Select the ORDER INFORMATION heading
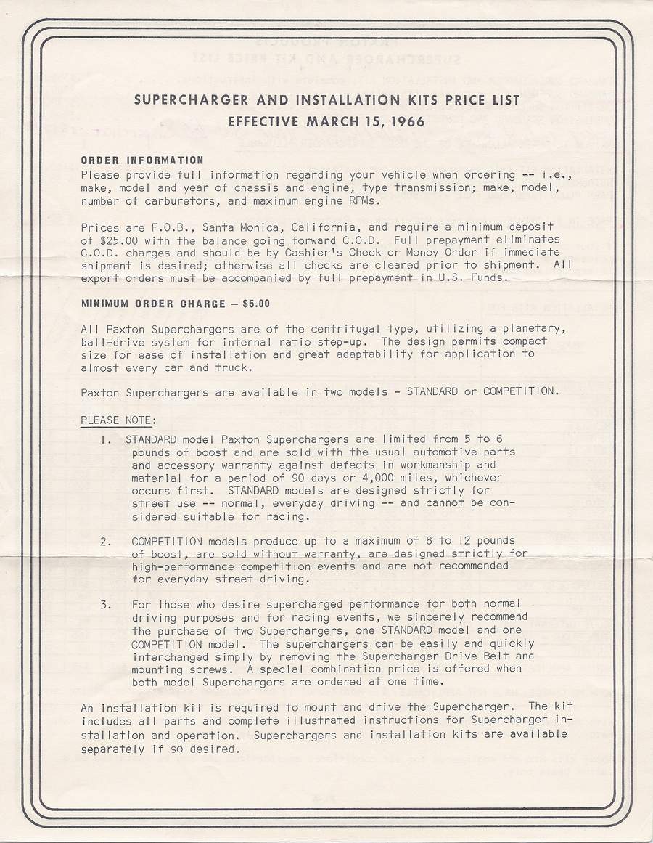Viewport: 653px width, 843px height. (142, 160)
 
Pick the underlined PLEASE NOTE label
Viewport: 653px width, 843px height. (118, 420)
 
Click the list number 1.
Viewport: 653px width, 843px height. (108, 439)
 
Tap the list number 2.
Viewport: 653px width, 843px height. (107, 541)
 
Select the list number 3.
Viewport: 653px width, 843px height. (107, 604)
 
